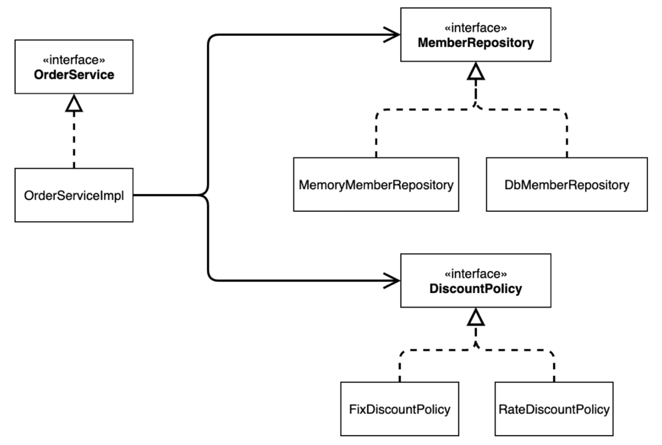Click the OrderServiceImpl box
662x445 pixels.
tap(74, 195)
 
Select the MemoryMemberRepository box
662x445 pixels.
tap(376, 184)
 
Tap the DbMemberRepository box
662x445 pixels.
tap(567, 184)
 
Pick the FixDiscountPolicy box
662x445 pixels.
tap(400, 409)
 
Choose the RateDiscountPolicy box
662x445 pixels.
tap(554, 409)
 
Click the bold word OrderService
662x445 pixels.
tap(74, 75)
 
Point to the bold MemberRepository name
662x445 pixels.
tap(476, 43)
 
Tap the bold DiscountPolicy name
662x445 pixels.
tap(476, 289)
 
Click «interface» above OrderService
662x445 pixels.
tap(74, 60)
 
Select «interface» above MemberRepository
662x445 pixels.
tap(476, 28)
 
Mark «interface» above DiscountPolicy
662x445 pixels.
tap(476, 274)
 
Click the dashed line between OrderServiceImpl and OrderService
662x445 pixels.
tap(74, 140)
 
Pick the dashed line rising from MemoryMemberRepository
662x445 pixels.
tap(414, 110)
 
